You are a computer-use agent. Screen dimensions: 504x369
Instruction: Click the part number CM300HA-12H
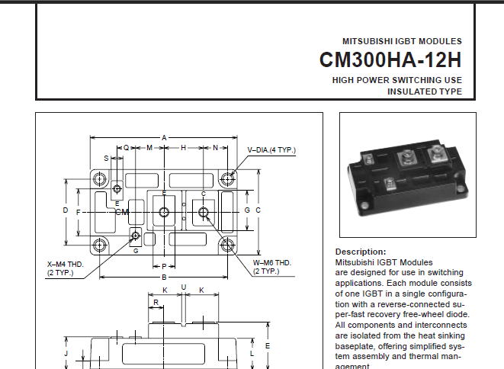point(390,59)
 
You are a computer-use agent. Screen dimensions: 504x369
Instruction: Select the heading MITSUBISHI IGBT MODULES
point(402,41)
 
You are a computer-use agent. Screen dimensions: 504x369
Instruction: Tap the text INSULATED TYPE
point(425,91)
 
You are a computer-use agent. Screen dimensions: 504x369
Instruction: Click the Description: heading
point(361,252)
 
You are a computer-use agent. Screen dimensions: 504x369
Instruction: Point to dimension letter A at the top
point(164,138)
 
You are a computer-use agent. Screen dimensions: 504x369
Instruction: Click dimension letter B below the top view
point(164,277)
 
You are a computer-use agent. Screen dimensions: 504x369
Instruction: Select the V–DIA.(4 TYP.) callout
point(271,150)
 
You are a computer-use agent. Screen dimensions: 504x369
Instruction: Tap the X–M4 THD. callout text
point(66,265)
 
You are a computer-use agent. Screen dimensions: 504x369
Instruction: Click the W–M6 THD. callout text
point(272,263)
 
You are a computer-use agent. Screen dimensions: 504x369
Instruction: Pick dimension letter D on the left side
point(66,210)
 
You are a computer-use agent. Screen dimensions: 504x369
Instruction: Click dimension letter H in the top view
point(183,148)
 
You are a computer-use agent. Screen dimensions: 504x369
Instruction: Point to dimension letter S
point(107,158)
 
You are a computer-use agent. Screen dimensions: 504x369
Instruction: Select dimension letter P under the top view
point(164,267)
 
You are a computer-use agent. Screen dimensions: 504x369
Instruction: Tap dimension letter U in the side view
point(184,287)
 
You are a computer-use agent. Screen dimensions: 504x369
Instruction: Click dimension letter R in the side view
point(156,303)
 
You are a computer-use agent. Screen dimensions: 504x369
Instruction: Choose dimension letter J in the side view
point(66,354)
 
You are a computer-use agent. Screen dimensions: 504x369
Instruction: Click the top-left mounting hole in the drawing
point(100,178)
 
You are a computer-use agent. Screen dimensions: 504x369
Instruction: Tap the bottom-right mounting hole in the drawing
point(227,245)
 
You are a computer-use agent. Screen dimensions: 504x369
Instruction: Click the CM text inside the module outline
point(122,212)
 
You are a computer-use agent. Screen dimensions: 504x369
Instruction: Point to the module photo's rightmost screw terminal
point(437,154)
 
